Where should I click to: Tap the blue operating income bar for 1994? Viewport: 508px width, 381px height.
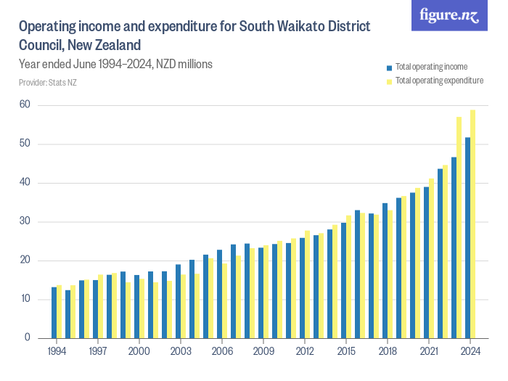[x=54, y=312]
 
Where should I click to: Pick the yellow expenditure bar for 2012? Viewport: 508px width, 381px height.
[x=308, y=284]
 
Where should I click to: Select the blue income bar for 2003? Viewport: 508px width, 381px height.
[x=178, y=300]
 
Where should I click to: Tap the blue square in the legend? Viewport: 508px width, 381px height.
[x=390, y=67]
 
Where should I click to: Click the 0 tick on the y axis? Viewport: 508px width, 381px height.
[x=27, y=338]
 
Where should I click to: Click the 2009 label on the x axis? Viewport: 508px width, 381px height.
[x=263, y=351]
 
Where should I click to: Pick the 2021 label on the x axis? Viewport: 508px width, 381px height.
[x=429, y=351]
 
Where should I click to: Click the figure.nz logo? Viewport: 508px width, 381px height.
[x=449, y=15]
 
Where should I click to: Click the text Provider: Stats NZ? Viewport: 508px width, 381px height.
[x=48, y=83]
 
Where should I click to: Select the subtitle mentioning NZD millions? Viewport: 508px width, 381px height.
[x=115, y=64]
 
